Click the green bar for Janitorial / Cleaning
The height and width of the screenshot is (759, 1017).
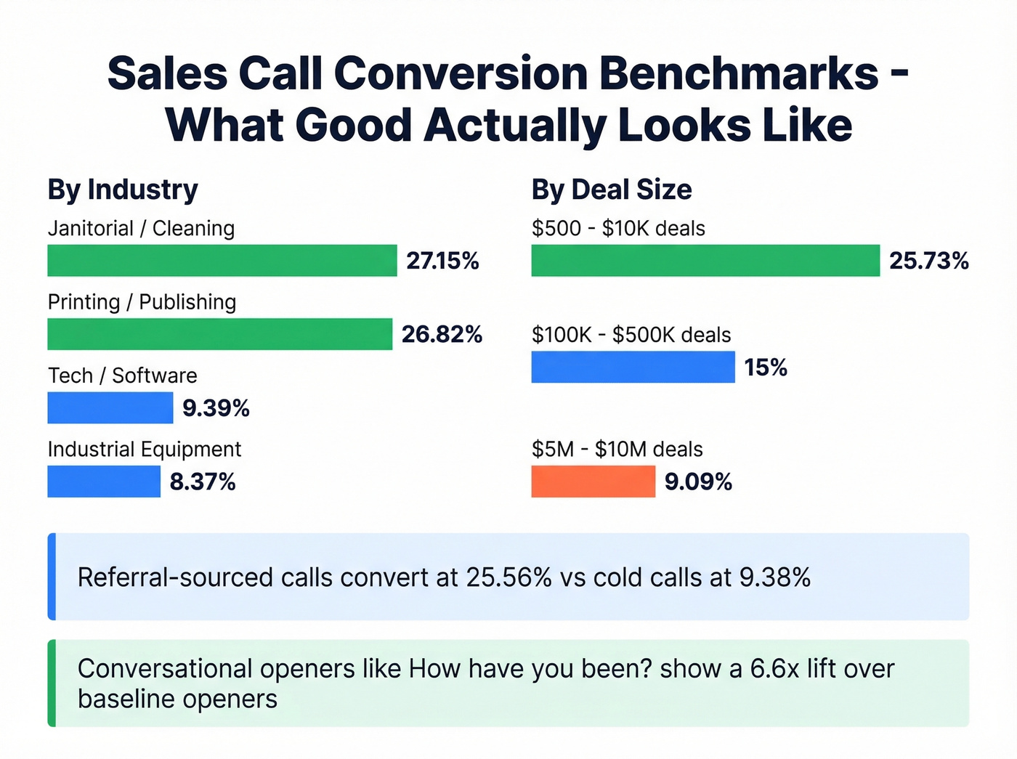[x=222, y=260]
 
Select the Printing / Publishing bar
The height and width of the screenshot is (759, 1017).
[x=219, y=334]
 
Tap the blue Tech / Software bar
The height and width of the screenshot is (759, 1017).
[x=110, y=407]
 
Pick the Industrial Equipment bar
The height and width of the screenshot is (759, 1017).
[x=103, y=482]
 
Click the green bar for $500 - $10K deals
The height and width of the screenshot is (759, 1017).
[x=705, y=260]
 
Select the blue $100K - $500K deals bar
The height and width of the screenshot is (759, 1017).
[x=632, y=367]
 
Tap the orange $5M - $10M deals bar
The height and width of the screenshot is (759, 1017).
[x=593, y=482]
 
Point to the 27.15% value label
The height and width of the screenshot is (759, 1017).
[x=442, y=261]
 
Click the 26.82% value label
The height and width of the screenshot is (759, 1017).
[x=442, y=334]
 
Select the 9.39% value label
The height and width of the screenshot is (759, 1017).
[x=216, y=408]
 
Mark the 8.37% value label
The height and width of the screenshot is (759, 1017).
[x=203, y=482]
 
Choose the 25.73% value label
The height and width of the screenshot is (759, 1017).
[x=929, y=261]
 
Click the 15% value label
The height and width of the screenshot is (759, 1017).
[x=766, y=368]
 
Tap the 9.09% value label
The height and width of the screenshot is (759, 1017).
[x=698, y=482]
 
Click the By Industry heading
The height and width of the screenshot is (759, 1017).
[x=123, y=190]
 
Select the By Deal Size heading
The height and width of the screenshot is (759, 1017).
[x=611, y=190]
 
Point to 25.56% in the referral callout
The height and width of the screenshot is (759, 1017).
[x=509, y=577]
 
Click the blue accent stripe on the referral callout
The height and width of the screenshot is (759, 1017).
[x=52, y=577]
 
